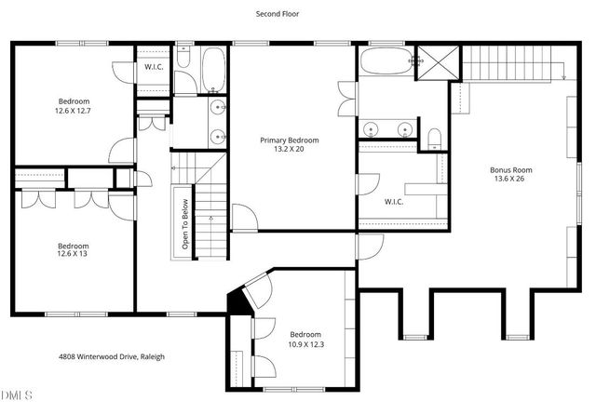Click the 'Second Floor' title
point(278,14)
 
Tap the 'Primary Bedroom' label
point(294,140)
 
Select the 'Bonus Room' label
point(511,169)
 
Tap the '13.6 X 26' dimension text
point(510,180)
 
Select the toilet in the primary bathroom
point(434,139)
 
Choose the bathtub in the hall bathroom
point(212,70)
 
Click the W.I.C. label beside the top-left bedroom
point(154,68)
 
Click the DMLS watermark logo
point(17,396)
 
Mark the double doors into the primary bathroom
point(349,100)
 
